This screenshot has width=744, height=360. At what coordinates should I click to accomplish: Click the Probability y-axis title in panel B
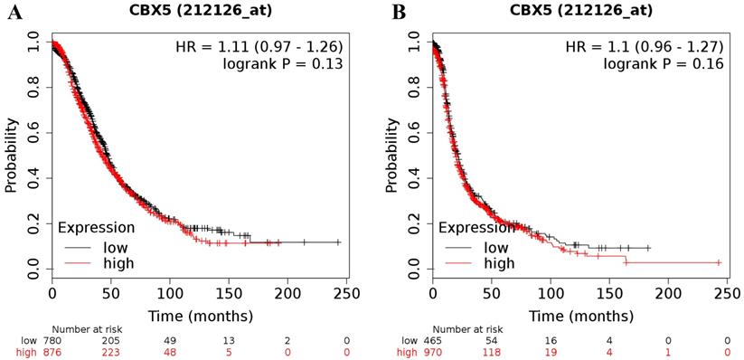392,155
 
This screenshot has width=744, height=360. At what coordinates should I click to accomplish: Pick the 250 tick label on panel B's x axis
728,295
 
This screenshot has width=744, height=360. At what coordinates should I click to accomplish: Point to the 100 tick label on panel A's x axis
170,295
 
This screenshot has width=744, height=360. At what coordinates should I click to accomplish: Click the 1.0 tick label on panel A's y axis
33,41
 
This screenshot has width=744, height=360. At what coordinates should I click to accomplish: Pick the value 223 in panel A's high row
111,352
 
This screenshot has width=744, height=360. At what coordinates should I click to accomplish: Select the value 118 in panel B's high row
492,352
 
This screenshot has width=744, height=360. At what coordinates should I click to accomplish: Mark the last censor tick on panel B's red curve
719,262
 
